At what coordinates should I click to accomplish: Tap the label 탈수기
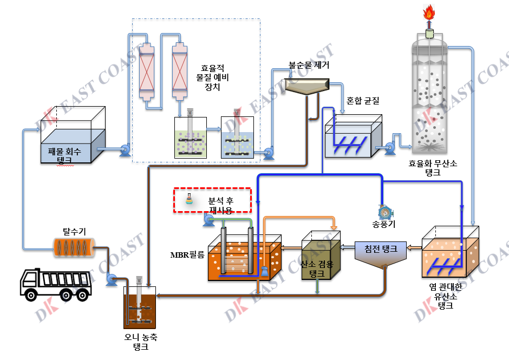[70, 232]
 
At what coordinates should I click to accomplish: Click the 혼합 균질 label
[363, 100]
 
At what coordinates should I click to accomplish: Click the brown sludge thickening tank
[140, 308]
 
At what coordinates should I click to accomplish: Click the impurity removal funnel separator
[307, 86]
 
